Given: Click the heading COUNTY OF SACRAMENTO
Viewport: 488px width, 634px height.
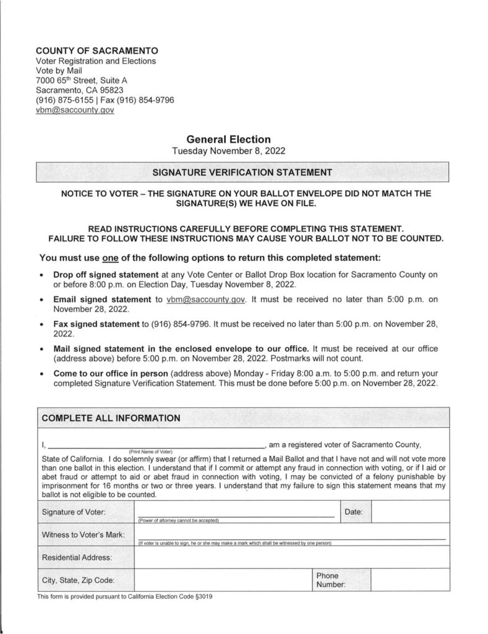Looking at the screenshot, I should pyautogui.click(x=96, y=50).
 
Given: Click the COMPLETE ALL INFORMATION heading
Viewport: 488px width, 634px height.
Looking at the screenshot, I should pyautogui.click(x=111, y=418).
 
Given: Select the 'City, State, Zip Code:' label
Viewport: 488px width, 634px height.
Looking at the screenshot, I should pyautogui.click(x=78, y=580).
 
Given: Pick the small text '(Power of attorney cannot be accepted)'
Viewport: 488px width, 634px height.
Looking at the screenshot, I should pyautogui.click(x=179, y=520).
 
